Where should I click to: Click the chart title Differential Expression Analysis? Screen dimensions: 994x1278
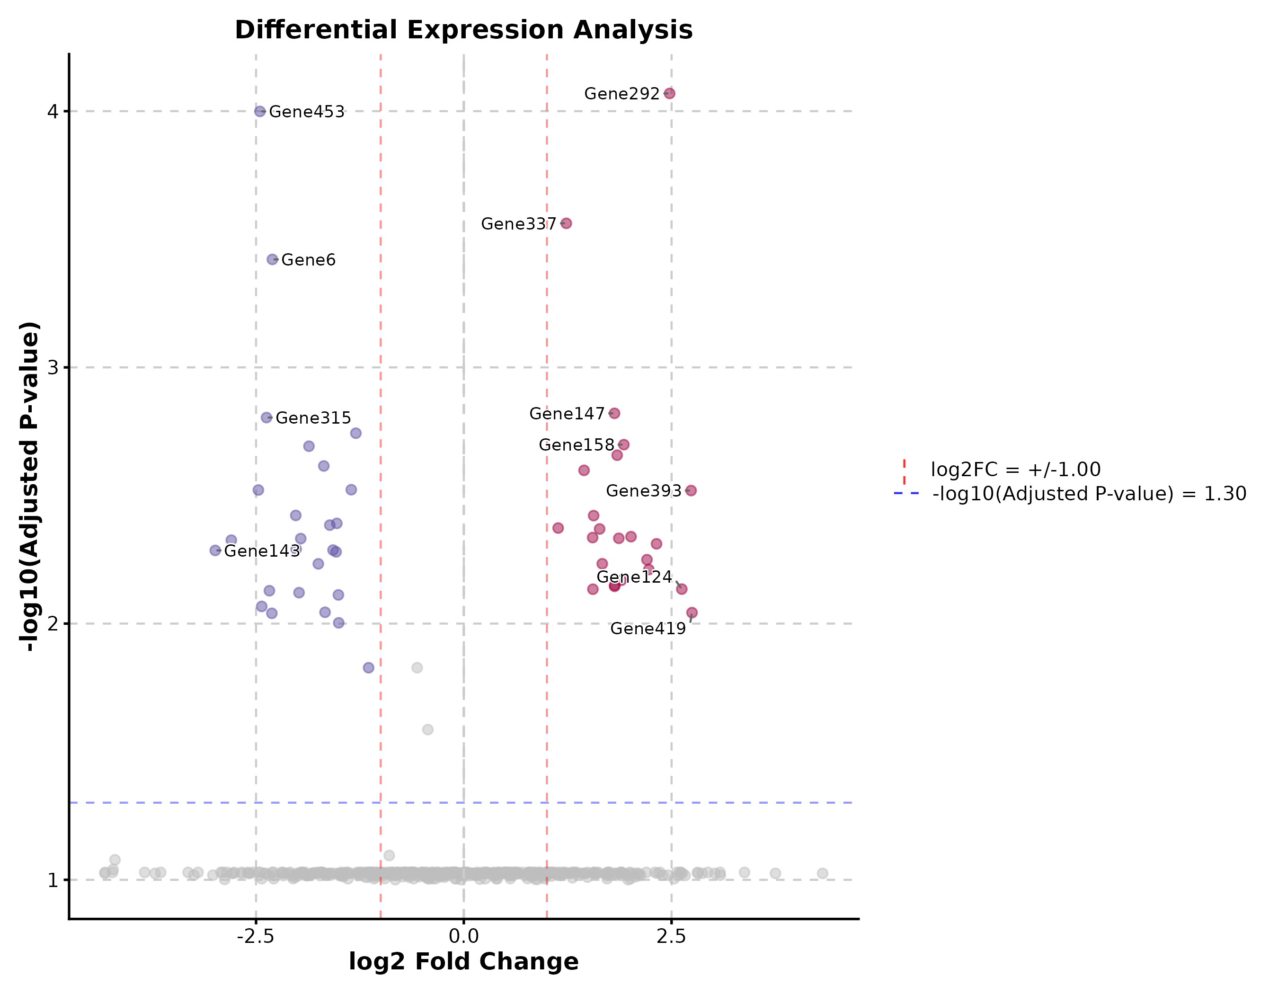[x=463, y=30]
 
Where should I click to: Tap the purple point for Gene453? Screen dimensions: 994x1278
[x=260, y=111]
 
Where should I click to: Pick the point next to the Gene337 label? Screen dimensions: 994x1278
[x=566, y=223]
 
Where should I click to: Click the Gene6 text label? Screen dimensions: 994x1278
[x=309, y=260]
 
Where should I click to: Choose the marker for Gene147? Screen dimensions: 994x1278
[x=614, y=414]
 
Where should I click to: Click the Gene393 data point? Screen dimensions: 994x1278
[x=691, y=491]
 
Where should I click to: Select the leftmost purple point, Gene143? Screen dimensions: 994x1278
[x=215, y=550]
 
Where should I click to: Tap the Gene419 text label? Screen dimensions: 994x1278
[x=648, y=629]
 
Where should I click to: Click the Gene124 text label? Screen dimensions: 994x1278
[x=634, y=577]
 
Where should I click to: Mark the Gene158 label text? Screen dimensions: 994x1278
[x=577, y=445]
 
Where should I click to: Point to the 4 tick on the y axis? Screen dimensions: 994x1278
[x=53, y=111]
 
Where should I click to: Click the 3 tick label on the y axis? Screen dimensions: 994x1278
[x=53, y=367]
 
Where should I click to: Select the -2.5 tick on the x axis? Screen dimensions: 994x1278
[x=256, y=937]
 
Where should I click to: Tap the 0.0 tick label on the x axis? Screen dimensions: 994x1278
[x=463, y=937]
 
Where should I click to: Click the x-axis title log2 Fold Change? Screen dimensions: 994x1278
[x=463, y=962]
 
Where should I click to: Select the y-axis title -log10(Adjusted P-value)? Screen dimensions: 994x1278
[x=29, y=486]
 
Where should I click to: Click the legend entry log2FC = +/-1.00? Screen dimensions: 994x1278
[x=1015, y=470]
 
